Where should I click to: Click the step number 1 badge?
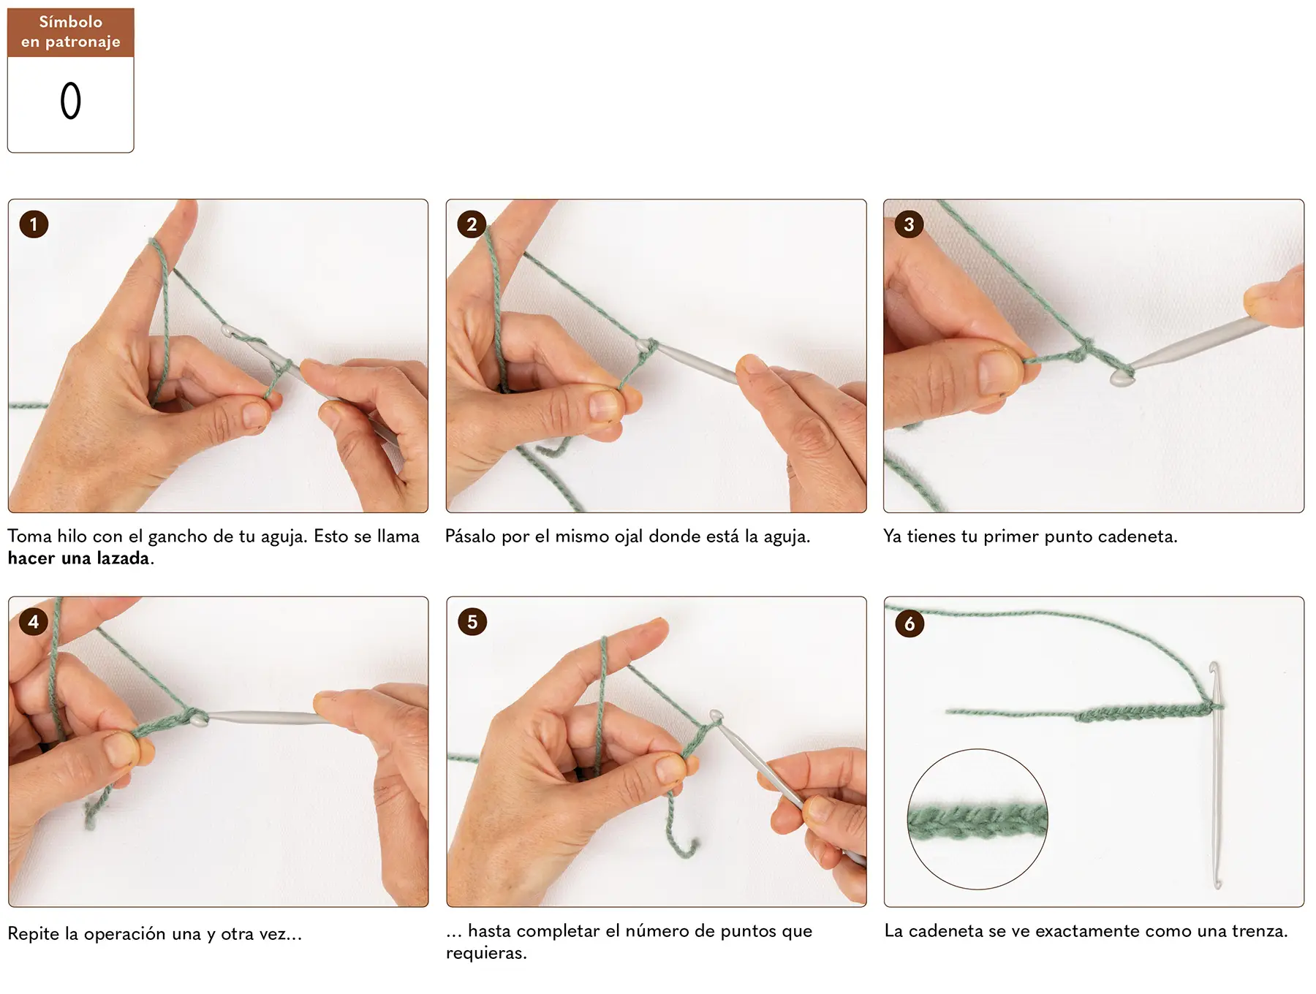click(x=34, y=224)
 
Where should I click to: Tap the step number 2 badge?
click(x=472, y=224)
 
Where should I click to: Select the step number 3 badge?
click(x=909, y=224)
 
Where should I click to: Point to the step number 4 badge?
click(x=34, y=622)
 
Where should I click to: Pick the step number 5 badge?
click(x=472, y=622)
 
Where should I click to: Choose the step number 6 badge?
click(x=910, y=623)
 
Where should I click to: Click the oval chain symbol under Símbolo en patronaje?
click(x=71, y=101)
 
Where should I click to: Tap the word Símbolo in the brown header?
click(x=71, y=22)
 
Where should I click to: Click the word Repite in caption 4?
click(x=34, y=934)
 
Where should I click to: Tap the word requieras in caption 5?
click(x=485, y=954)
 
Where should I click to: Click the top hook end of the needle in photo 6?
click(x=1213, y=668)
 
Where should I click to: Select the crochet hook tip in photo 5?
click(x=716, y=716)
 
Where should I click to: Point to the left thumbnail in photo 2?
click(x=604, y=405)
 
